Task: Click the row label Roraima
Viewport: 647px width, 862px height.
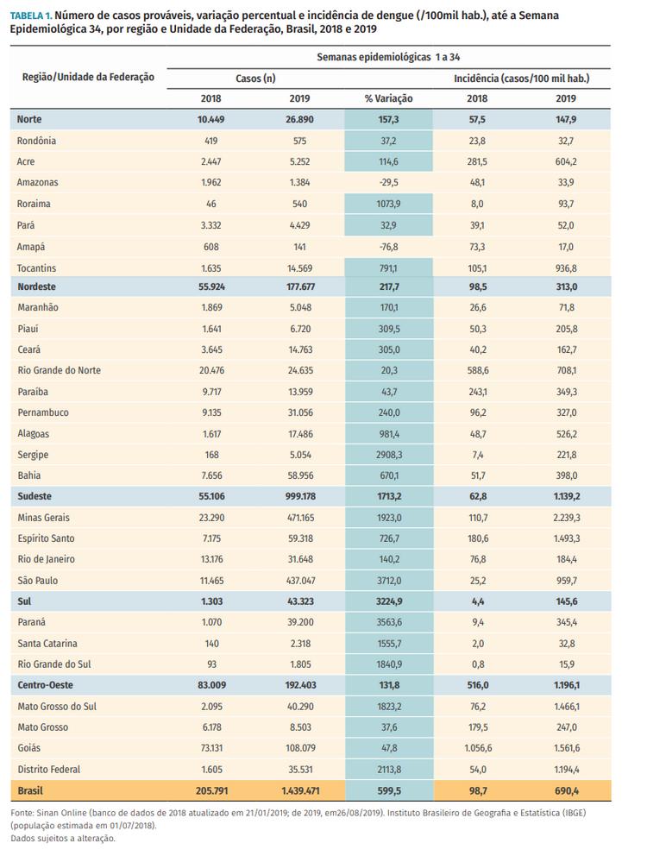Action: [x=34, y=203]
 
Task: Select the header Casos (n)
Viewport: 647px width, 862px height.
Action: [x=255, y=78]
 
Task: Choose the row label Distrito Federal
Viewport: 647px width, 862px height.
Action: [x=48, y=769]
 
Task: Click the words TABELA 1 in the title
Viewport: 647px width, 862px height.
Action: [x=31, y=16]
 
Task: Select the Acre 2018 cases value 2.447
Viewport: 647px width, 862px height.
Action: [x=211, y=161]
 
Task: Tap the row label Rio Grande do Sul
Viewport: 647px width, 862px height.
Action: [x=55, y=664]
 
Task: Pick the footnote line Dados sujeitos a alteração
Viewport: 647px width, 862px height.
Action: [x=62, y=838]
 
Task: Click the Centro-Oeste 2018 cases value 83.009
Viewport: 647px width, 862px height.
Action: [x=211, y=684]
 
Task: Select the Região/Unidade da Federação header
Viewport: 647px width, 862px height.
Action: [x=87, y=77]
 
